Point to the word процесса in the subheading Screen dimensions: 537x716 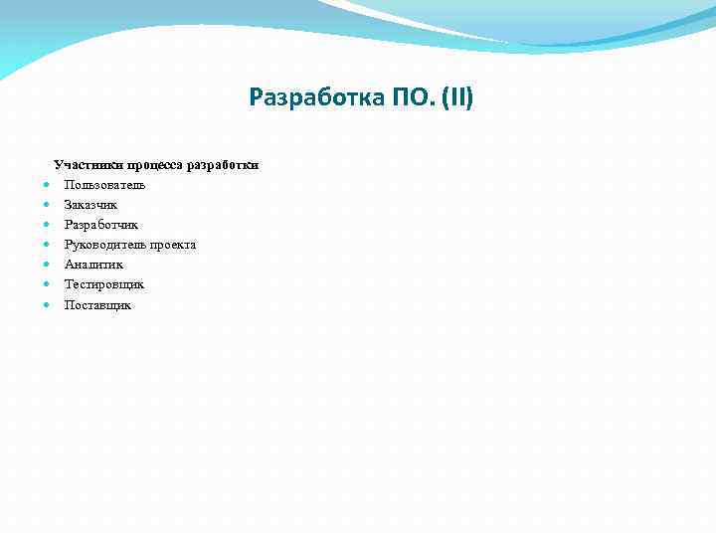(x=159, y=164)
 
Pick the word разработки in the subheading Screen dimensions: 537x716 (x=227, y=164)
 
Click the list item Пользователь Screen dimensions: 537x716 (x=104, y=185)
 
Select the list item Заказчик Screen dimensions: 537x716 (x=90, y=205)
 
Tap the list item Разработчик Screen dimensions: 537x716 (x=101, y=225)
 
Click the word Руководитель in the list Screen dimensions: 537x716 (x=102, y=245)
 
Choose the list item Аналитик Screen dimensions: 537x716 (x=93, y=265)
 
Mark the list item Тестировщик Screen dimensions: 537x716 (x=104, y=284)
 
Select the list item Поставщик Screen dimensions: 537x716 (x=97, y=305)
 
